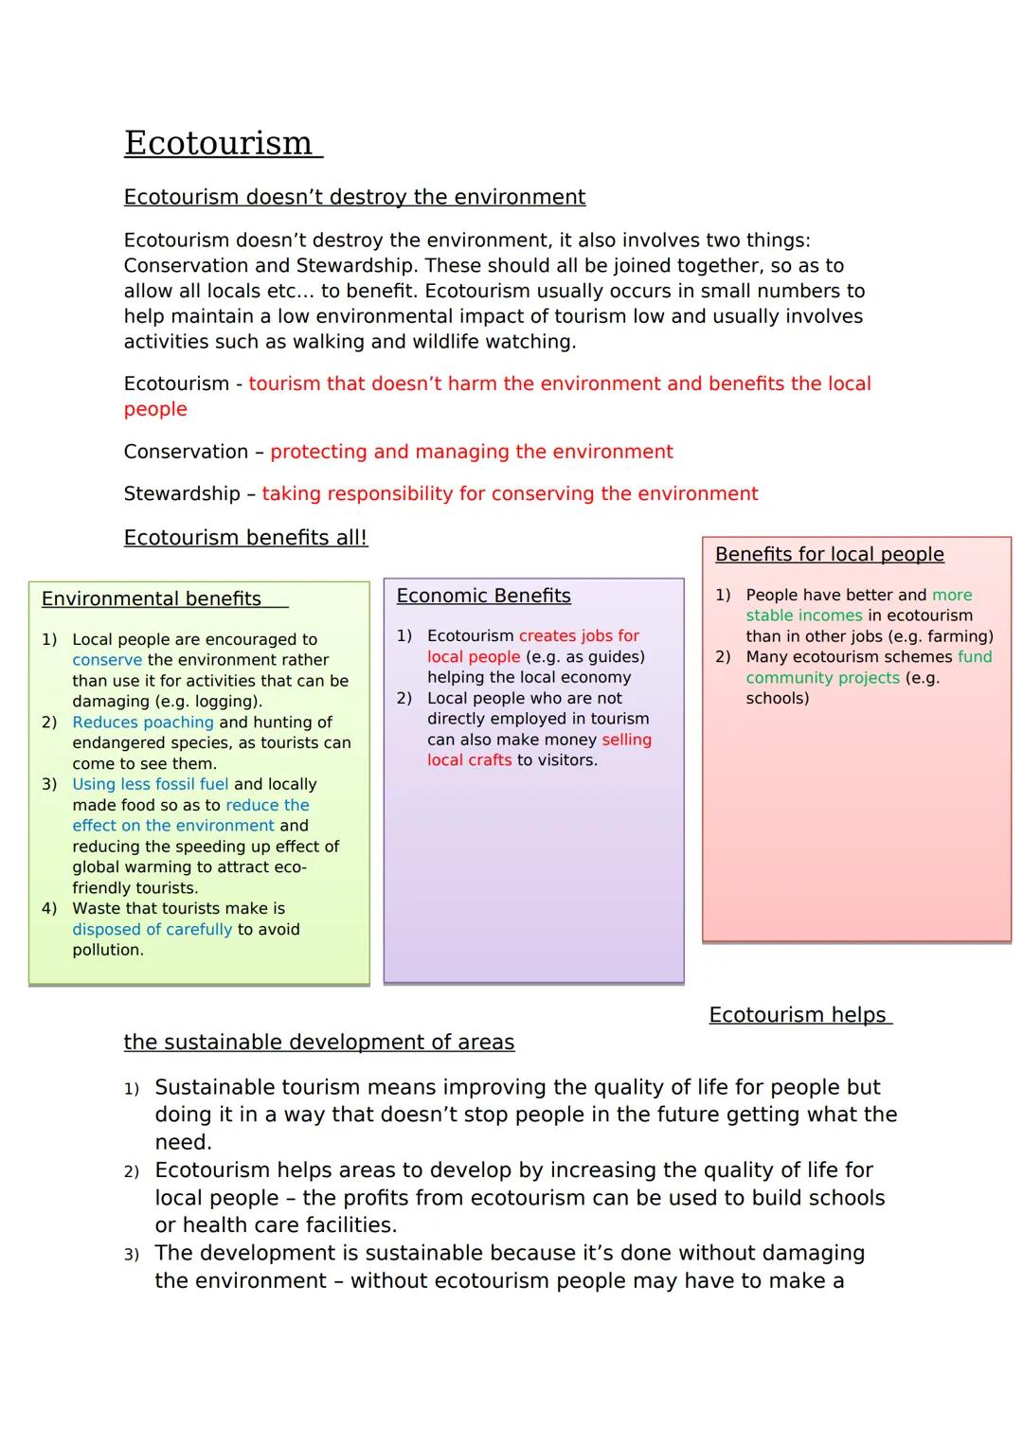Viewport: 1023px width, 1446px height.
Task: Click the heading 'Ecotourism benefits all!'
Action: [x=245, y=538]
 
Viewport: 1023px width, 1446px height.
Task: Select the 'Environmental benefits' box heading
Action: [x=152, y=599]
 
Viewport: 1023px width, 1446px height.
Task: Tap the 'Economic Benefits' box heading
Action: [x=483, y=597]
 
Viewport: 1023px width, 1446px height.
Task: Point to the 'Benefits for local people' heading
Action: [x=829, y=555]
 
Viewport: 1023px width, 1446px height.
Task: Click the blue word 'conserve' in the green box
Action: [x=107, y=660]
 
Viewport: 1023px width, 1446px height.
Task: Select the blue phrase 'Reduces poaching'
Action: [x=143, y=723]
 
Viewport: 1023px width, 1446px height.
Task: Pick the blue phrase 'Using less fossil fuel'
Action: [x=151, y=784]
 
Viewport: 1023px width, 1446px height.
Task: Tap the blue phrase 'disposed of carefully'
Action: [x=152, y=930]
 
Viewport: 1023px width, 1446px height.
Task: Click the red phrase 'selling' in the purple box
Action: [x=626, y=740]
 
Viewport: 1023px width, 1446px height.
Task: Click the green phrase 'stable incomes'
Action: [x=804, y=616]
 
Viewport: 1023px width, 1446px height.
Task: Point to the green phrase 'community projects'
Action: [x=822, y=678]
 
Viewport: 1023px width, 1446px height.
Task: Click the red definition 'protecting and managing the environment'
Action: [x=471, y=452]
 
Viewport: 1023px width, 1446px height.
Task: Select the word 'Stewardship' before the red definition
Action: [x=182, y=494]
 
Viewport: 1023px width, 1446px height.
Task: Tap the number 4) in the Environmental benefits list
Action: [x=49, y=909]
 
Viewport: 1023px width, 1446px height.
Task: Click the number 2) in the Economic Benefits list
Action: [x=404, y=699]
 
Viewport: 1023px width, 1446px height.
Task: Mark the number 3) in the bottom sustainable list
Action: [x=132, y=1255]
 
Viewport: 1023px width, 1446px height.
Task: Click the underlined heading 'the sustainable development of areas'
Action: [x=318, y=1043]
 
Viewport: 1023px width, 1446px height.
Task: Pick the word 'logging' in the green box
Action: [x=227, y=702]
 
